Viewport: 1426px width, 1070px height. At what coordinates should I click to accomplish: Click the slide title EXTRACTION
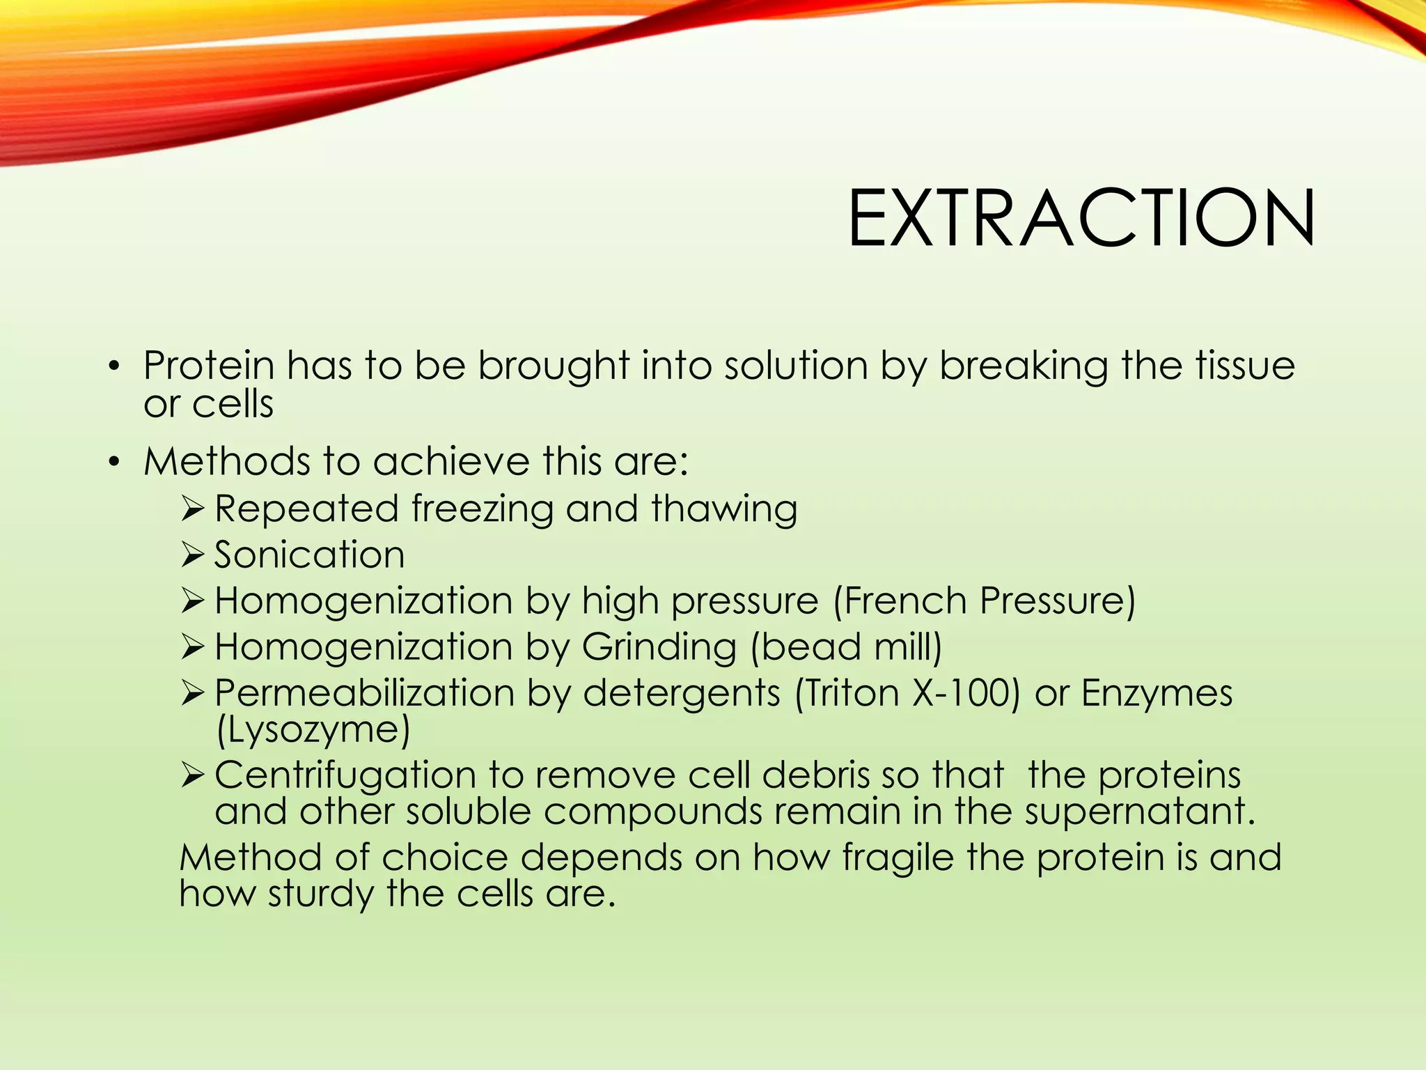[1081, 219]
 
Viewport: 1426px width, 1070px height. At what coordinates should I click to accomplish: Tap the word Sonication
[309, 555]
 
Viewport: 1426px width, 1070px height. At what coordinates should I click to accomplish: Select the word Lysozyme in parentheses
[313, 730]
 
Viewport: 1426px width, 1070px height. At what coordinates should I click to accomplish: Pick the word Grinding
[659, 648]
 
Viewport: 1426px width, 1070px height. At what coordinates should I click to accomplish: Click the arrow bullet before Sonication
[191, 555]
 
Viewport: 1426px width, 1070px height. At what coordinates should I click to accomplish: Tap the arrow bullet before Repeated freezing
[191, 509]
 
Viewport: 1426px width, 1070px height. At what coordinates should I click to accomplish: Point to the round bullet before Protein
[114, 366]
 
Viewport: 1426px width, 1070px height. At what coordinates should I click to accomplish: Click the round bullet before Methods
[114, 462]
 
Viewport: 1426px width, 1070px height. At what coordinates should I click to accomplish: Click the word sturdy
[320, 894]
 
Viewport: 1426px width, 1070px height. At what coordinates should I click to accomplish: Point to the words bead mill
[846, 648]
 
